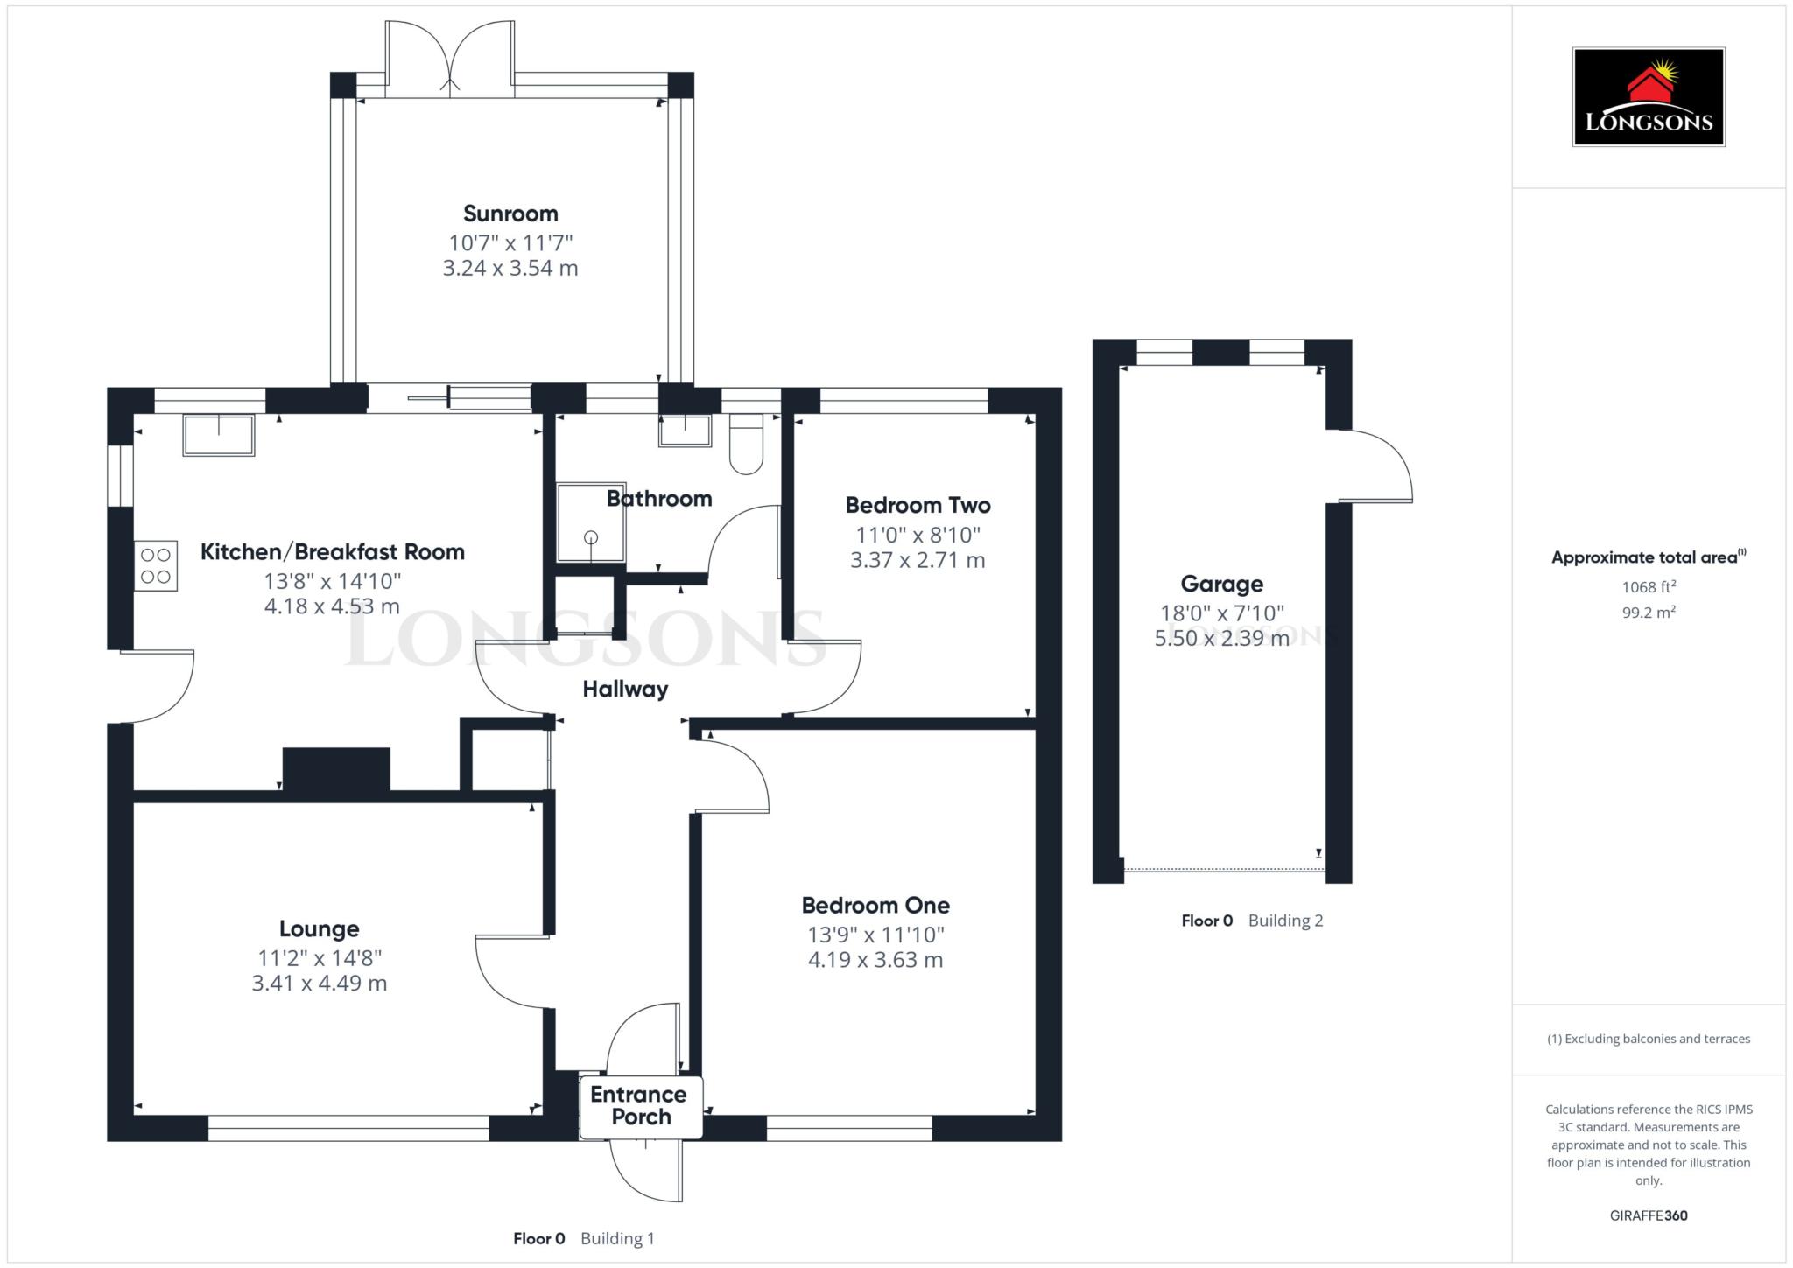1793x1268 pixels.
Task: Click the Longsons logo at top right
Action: click(1648, 97)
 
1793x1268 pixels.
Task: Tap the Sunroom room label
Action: click(510, 214)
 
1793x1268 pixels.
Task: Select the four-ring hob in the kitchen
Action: click(156, 565)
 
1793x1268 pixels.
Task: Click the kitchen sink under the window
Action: click(218, 435)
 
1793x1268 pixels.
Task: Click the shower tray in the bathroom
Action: click(592, 522)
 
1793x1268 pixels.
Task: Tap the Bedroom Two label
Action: click(918, 505)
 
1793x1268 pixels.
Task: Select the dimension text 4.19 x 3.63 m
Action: click(875, 960)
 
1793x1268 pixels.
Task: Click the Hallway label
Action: click(625, 690)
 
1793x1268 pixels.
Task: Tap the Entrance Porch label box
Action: click(640, 1106)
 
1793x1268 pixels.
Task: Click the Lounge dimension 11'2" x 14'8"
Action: click(319, 958)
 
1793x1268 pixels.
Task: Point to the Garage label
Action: click(1221, 584)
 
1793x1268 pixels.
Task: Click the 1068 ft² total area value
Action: click(1648, 587)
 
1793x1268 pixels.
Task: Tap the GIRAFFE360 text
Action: click(1648, 1215)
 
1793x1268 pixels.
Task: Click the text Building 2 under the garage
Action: click(1285, 921)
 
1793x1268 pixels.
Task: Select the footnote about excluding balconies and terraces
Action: click(1648, 1039)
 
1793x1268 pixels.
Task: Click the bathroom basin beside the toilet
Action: click(685, 431)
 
